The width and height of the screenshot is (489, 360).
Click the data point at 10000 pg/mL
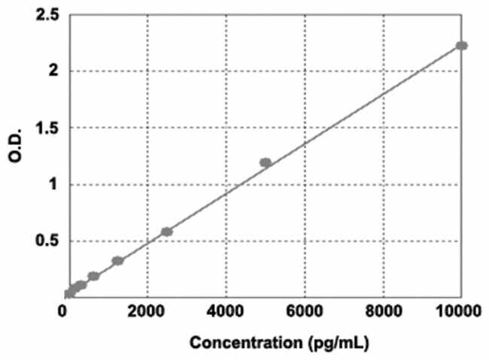click(x=462, y=46)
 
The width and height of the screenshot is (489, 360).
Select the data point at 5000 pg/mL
click(x=265, y=162)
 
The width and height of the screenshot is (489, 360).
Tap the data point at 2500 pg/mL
click(x=167, y=231)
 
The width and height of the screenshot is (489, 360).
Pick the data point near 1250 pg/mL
click(x=117, y=261)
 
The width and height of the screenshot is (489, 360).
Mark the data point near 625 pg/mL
click(x=93, y=276)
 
